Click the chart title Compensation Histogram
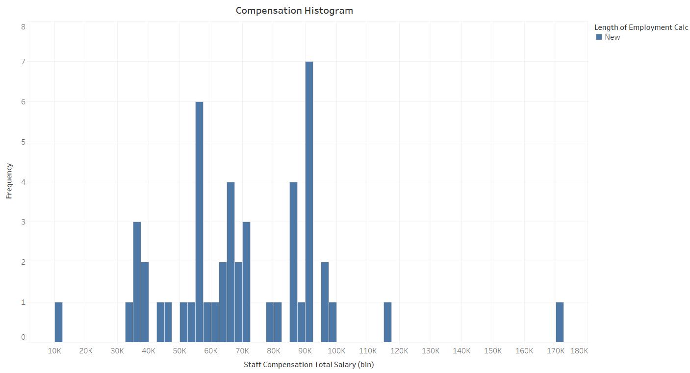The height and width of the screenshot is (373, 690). pyautogui.click(x=294, y=10)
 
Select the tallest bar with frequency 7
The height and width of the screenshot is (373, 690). pyautogui.click(x=309, y=201)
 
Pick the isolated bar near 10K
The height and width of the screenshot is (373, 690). pyautogui.click(x=58, y=322)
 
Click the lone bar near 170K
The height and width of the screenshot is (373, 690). pyautogui.click(x=560, y=322)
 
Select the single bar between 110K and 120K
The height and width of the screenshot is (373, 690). pyautogui.click(x=387, y=322)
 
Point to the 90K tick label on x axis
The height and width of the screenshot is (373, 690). pyautogui.click(x=305, y=351)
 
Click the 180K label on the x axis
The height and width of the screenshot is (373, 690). pyautogui.click(x=579, y=351)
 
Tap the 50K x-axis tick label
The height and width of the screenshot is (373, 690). pyautogui.click(x=179, y=351)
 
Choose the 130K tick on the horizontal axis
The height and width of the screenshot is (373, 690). pyautogui.click(x=430, y=351)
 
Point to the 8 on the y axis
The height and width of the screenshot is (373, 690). pyautogui.click(x=23, y=27)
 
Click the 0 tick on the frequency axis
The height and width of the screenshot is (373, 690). pyautogui.click(x=23, y=337)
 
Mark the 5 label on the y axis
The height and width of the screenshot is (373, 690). pyautogui.click(x=23, y=143)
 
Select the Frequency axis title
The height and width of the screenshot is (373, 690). pyautogui.click(x=9, y=181)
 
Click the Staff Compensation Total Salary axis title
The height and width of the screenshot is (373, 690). pyautogui.click(x=308, y=365)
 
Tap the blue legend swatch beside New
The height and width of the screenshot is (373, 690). pyautogui.click(x=599, y=37)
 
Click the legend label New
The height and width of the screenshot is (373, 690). pyautogui.click(x=612, y=37)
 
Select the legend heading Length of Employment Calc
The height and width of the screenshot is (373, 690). pyautogui.click(x=641, y=27)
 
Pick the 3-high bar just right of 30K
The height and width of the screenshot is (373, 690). pyautogui.click(x=137, y=282)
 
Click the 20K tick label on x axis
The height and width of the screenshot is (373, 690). pyautogui.click(x=86, y=351)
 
